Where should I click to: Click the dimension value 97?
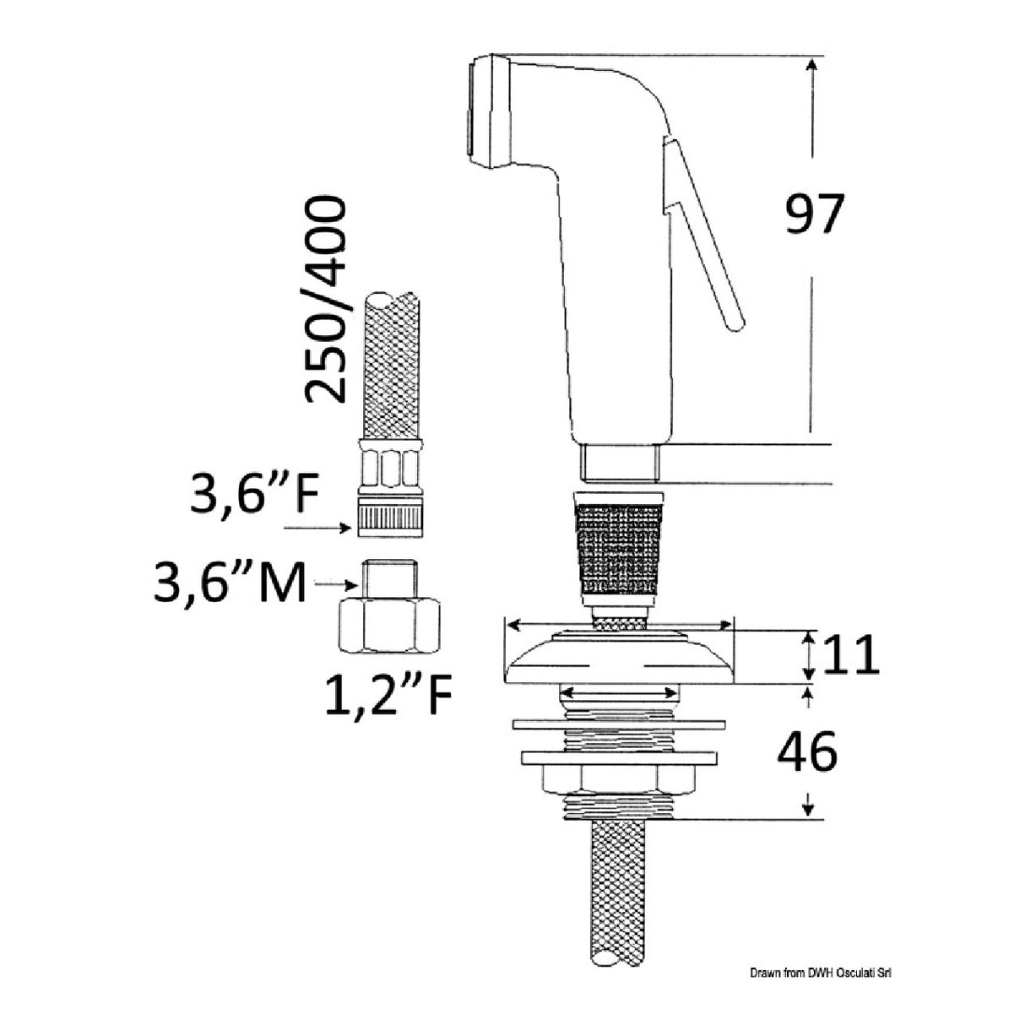815,214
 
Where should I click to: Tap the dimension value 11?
850,655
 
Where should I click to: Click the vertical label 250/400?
324,299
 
